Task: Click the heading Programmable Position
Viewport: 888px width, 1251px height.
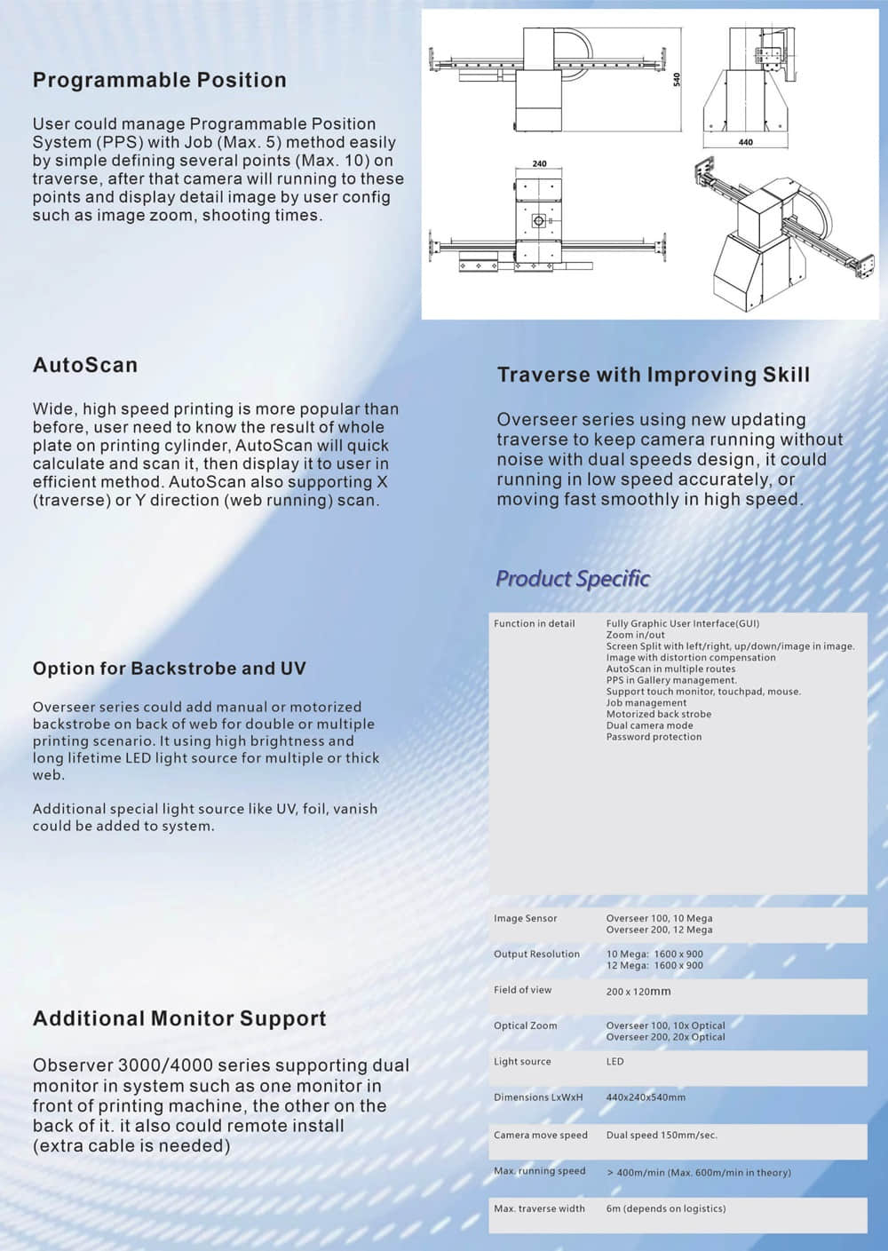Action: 160,81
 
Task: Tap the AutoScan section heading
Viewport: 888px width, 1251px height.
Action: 85,365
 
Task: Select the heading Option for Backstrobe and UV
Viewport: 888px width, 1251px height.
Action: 169,669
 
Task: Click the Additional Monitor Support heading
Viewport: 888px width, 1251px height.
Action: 179,1018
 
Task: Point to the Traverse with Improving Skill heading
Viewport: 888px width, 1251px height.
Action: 653,375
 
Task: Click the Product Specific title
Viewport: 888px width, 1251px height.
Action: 573,579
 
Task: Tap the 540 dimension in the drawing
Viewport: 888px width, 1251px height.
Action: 676,79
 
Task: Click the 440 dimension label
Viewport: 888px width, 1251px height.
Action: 745,142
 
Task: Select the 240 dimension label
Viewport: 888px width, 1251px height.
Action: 539,164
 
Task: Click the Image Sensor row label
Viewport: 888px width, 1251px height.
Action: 526,919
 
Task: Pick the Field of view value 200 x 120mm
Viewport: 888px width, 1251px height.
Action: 638,991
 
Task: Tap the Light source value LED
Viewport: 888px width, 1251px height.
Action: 614,1062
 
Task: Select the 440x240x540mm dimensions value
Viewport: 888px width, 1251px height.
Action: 646,1097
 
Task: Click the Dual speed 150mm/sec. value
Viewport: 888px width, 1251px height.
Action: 662,1136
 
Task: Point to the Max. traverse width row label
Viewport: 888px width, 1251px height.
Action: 539,1208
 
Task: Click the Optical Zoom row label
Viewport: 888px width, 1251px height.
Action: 526,1025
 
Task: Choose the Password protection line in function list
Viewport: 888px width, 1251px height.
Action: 654,737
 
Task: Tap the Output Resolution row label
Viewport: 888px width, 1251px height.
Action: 536,954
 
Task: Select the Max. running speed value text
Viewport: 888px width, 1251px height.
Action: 698,1173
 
